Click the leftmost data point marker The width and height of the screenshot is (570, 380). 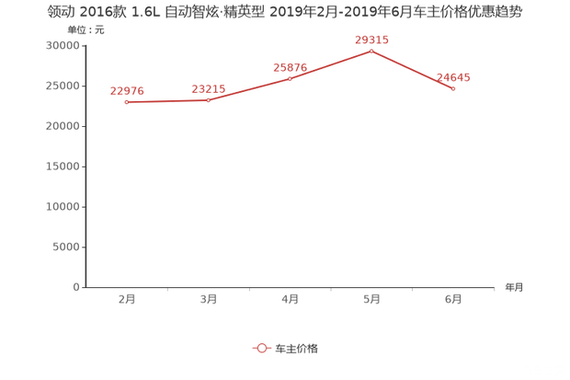[126, 102]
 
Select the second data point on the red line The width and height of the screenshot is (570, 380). [209, 99]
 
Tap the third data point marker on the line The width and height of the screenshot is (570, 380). [290, 78]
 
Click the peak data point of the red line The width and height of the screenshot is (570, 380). [371, 51]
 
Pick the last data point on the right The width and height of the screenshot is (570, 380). [454, 89]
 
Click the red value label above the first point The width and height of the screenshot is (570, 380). [127, 90]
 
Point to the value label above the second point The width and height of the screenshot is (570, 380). [209, 87]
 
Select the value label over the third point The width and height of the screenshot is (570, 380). [290, 66]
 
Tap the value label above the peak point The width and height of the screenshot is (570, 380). [371, 40]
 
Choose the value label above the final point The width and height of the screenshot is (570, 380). [454, 77]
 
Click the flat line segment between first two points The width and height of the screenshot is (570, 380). [167, 101]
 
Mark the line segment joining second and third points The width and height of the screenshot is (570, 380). [249, 89]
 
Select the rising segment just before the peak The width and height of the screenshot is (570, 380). [331, 64]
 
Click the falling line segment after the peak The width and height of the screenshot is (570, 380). [413, 70]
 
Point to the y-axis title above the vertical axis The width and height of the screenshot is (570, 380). [85, 30]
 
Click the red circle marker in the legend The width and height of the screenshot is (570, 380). [262, 348]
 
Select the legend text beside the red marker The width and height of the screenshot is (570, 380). [297, 348]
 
